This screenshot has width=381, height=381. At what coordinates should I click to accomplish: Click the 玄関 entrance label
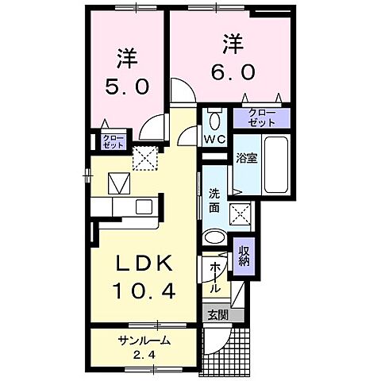(217, 314)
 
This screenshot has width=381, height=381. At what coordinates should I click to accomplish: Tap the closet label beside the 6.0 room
(262, 118)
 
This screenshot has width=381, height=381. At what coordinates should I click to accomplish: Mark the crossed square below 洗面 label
(239, 211)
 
